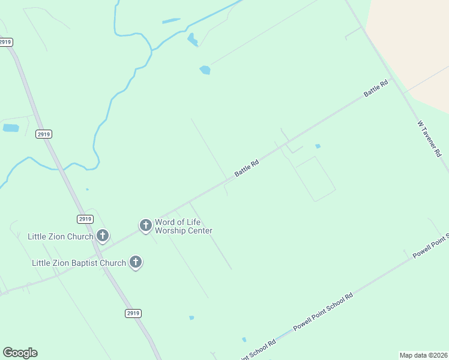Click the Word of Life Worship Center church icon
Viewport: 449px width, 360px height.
145,226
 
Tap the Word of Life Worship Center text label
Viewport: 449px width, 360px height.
184,226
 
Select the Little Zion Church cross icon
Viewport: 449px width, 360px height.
103,236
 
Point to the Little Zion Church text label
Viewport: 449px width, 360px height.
61,236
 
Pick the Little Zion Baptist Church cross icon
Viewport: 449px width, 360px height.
136,262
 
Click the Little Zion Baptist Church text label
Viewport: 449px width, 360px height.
79,263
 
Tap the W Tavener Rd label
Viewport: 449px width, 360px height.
429,139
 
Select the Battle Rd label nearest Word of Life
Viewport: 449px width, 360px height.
246,167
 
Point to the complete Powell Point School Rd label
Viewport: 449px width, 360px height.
323,312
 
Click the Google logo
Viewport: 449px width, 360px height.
20,353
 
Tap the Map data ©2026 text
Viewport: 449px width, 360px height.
424,355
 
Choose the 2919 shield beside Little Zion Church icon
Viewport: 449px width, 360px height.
85,219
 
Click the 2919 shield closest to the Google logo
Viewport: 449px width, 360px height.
133,313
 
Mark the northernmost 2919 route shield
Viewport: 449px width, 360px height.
5,42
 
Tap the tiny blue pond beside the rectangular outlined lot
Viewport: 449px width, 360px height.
318,146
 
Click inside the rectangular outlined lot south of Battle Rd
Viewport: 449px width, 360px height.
314,178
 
